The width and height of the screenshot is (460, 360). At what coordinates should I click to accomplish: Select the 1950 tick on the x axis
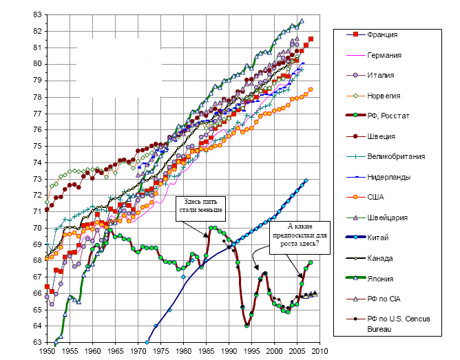tap(47, 351)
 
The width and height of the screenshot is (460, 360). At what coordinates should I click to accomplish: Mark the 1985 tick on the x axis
tap(206, 351)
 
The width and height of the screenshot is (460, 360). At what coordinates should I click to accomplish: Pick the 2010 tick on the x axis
tap(320, 351)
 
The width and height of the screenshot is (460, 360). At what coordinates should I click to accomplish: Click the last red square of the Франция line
tap(311, 39)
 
